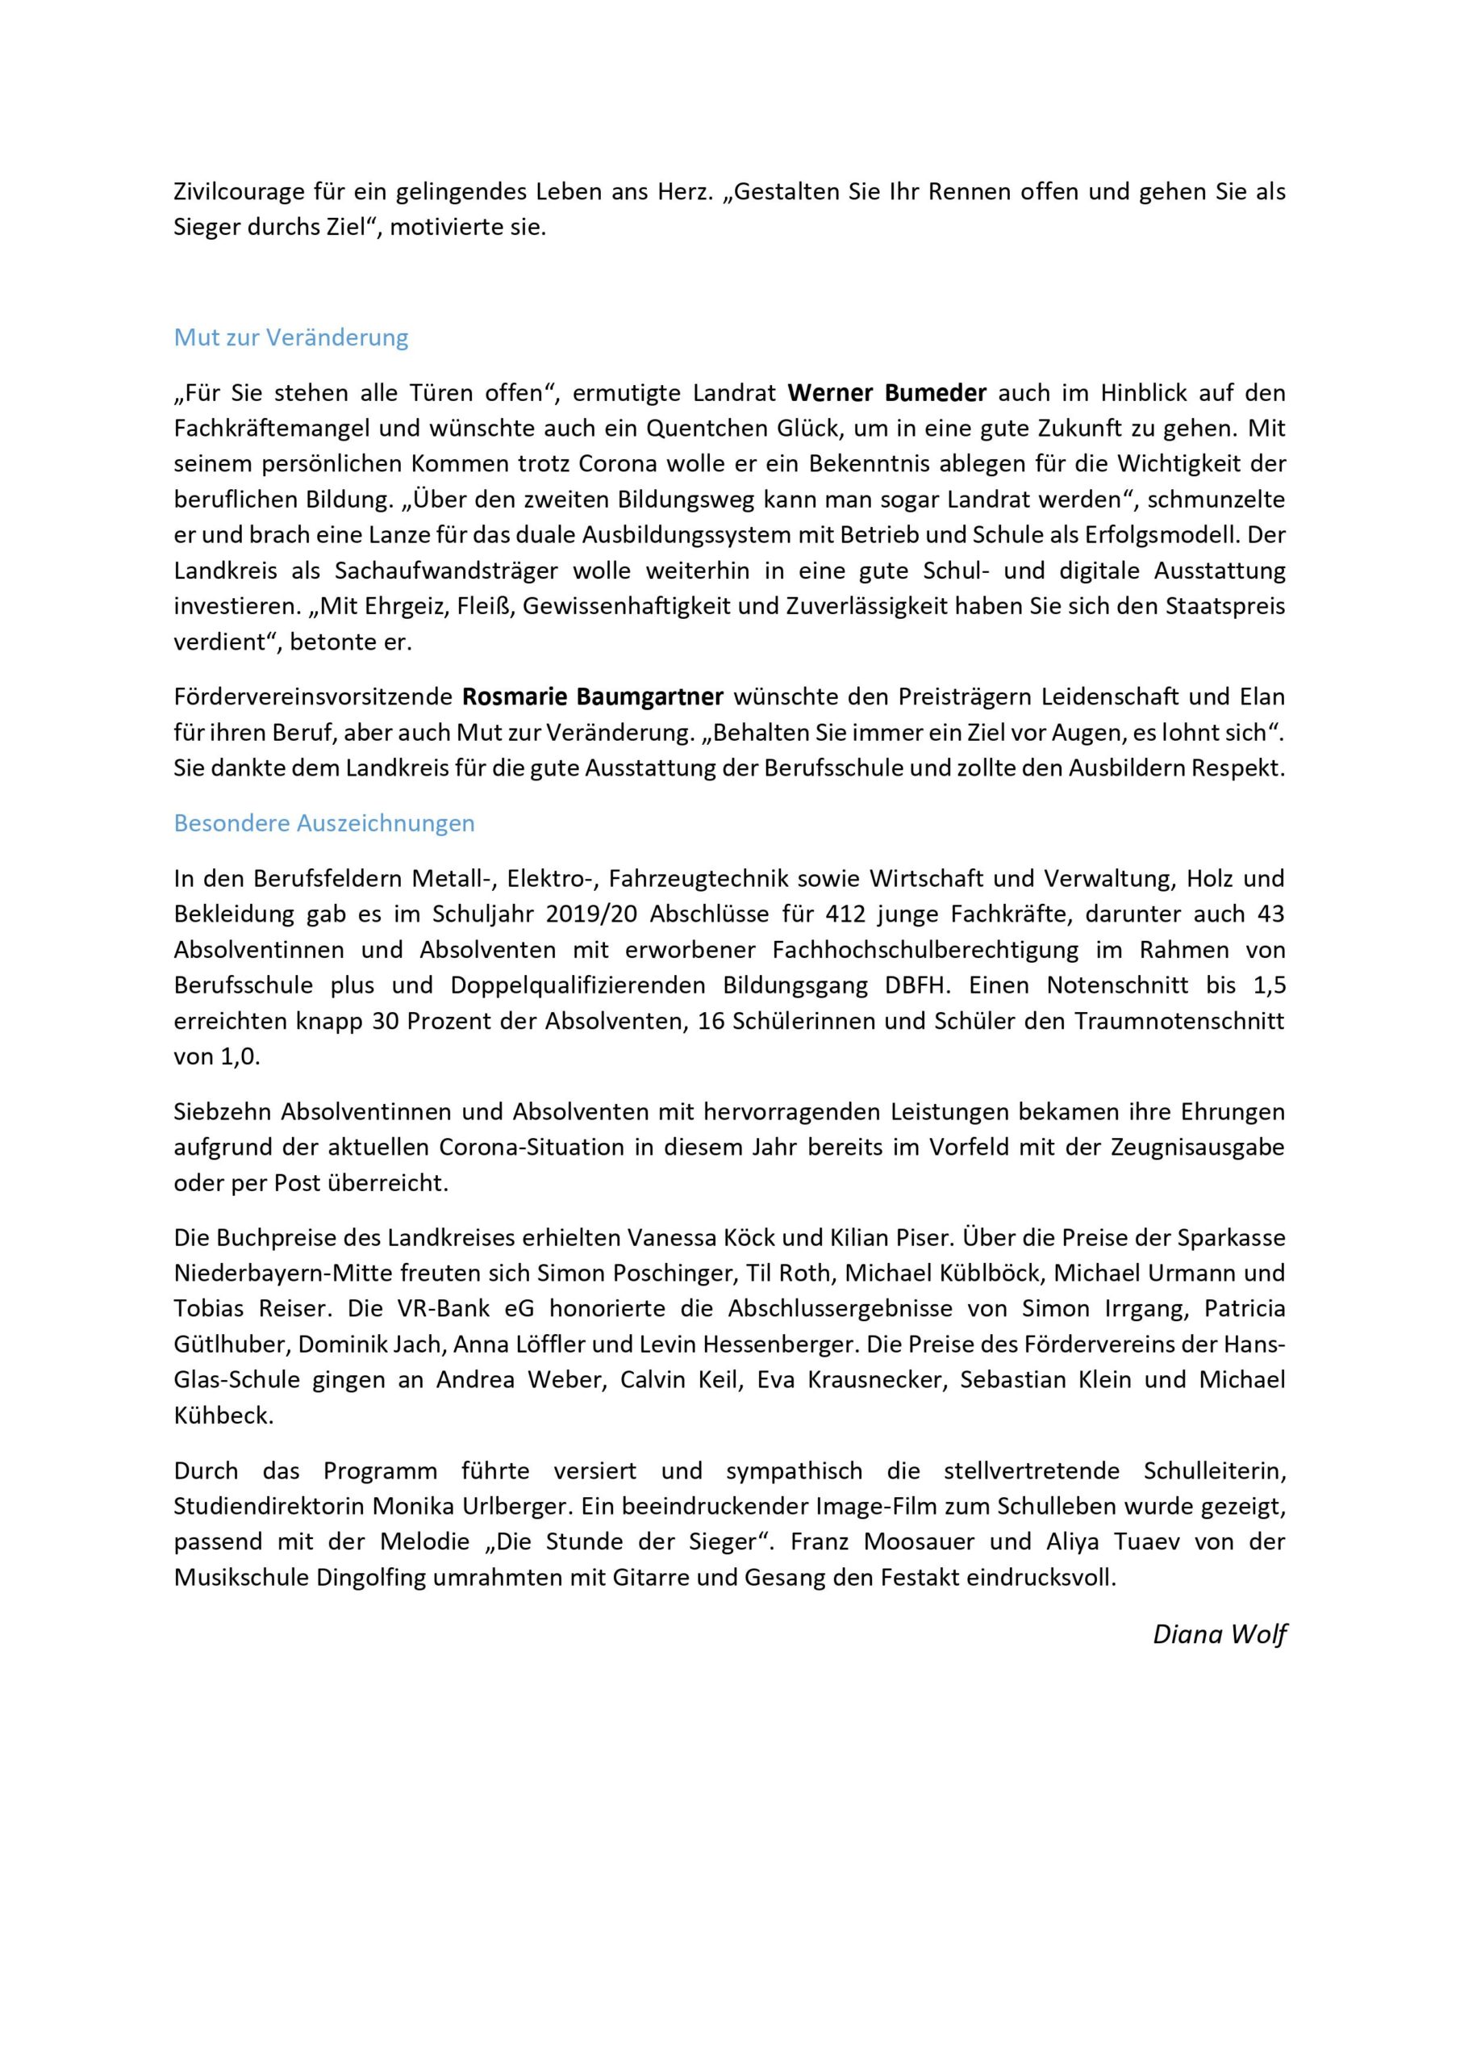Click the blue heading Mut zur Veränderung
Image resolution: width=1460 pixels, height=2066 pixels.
[290, 338]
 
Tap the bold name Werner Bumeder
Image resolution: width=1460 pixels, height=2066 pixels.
[887, 393]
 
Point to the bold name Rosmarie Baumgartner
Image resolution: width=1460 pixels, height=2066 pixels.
[593, 697]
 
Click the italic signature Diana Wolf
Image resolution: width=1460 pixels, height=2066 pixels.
[1219, 1634]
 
